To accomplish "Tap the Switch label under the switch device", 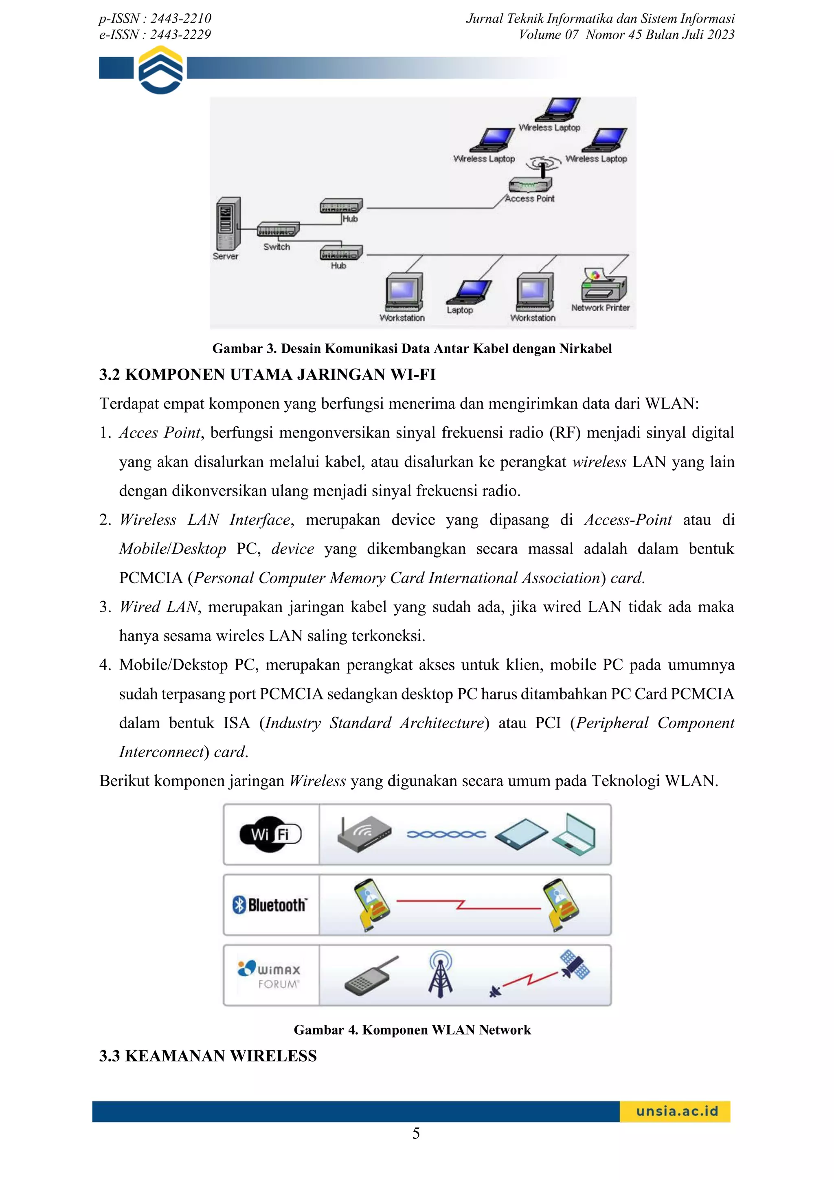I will point(277,247).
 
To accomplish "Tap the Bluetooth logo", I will point(270,905).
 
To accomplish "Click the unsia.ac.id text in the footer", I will point(677,1111).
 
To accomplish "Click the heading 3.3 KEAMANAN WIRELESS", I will point(208,1056).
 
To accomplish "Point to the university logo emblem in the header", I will point(161,70).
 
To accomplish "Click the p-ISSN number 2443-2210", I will point(180,18).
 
